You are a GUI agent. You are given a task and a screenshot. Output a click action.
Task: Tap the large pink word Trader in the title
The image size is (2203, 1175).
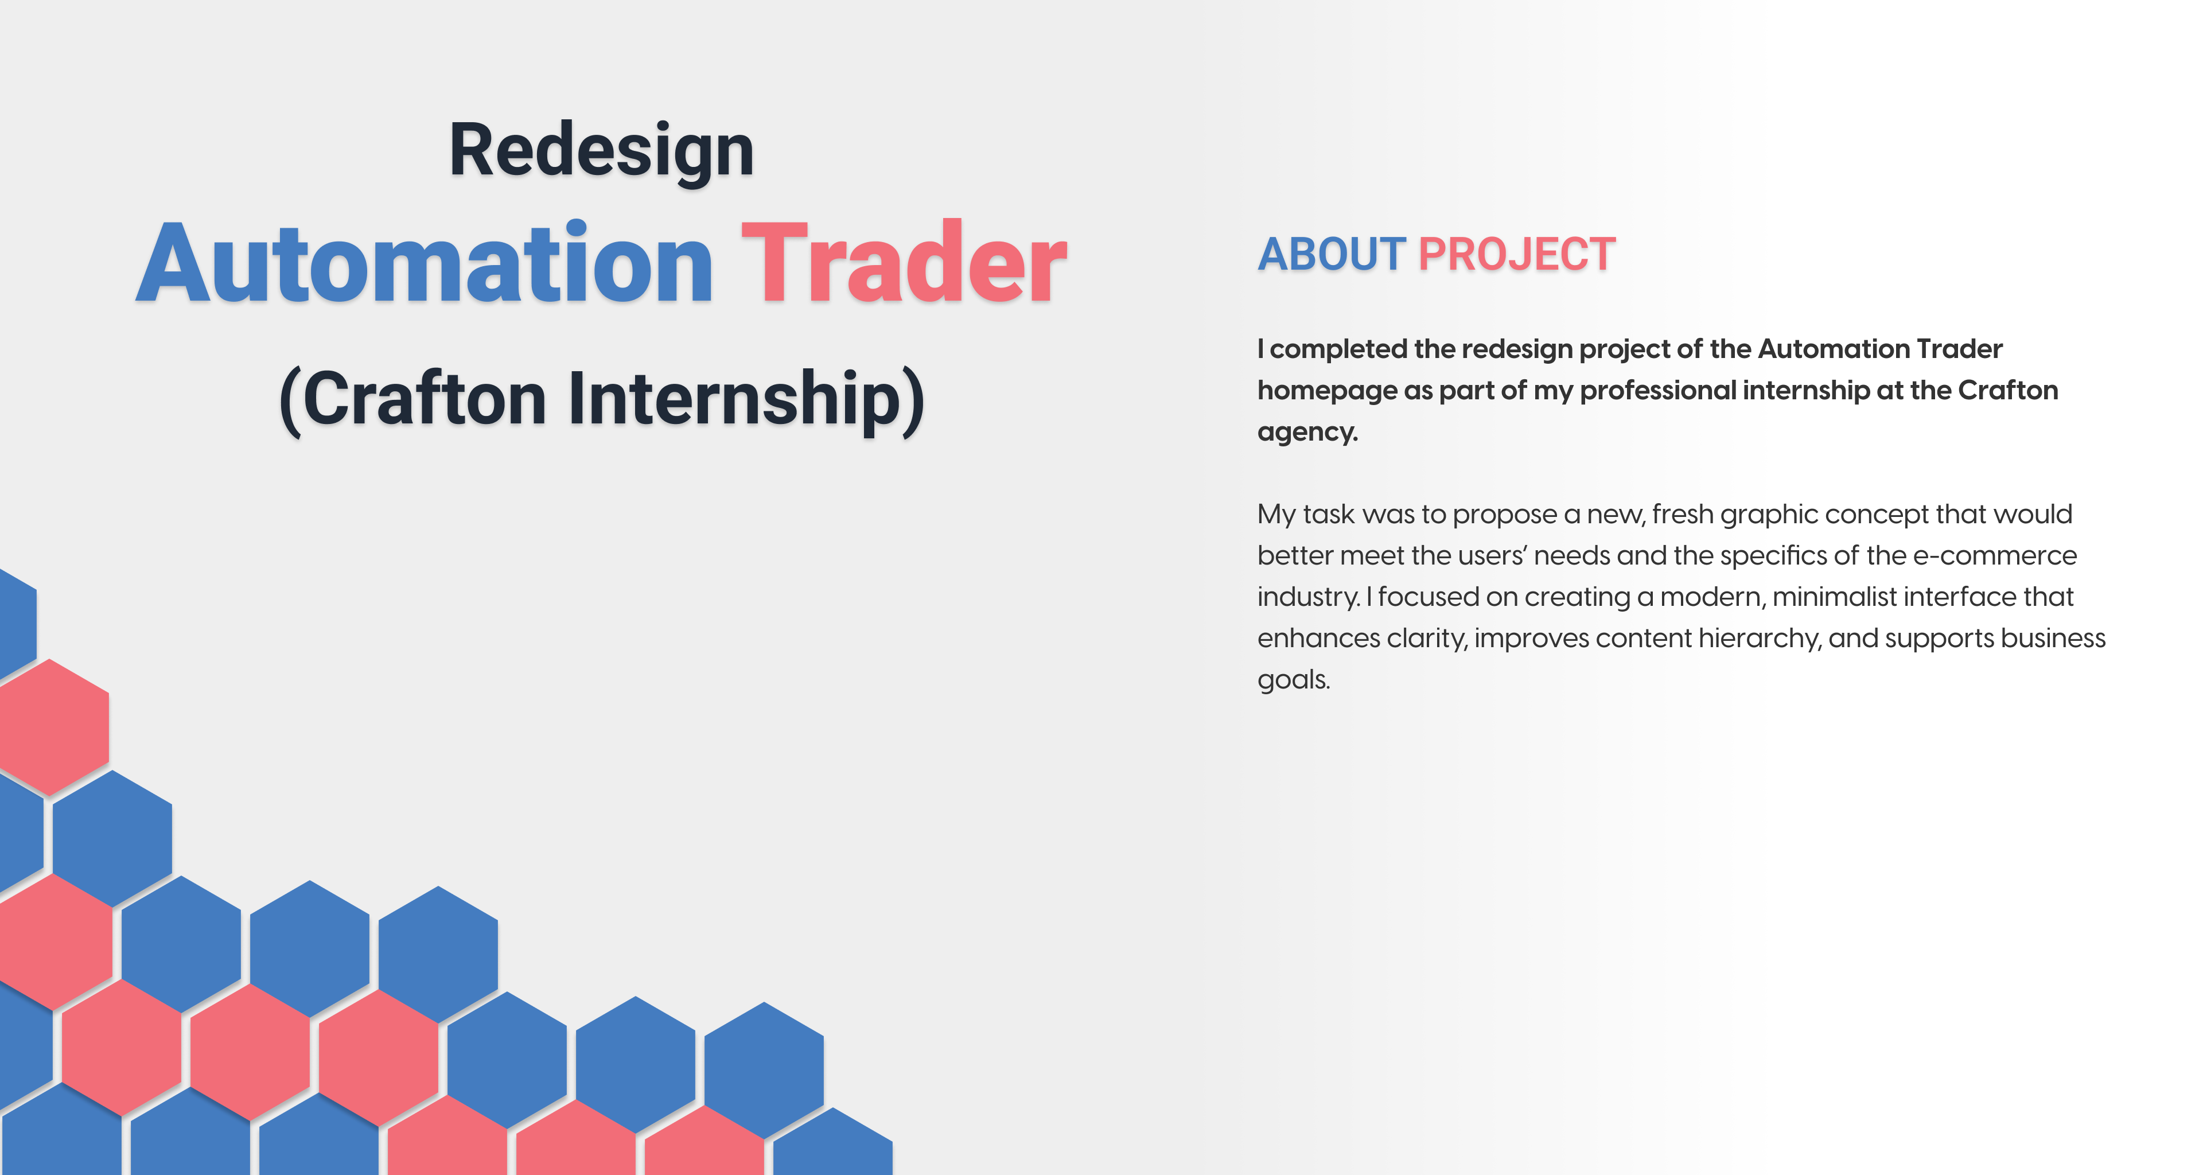[904, 264]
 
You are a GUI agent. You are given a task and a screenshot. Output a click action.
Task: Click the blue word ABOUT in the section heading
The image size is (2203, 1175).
[1331, 255]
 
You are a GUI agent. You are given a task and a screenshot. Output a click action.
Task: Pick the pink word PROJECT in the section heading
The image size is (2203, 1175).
[1516, 255]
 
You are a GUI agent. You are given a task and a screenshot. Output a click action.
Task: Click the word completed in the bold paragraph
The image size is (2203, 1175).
[1339, 350]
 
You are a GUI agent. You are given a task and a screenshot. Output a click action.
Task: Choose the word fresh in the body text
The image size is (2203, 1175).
[1682, 515]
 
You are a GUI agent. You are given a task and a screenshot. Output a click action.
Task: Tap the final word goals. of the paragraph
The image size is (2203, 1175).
[1293, 680]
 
